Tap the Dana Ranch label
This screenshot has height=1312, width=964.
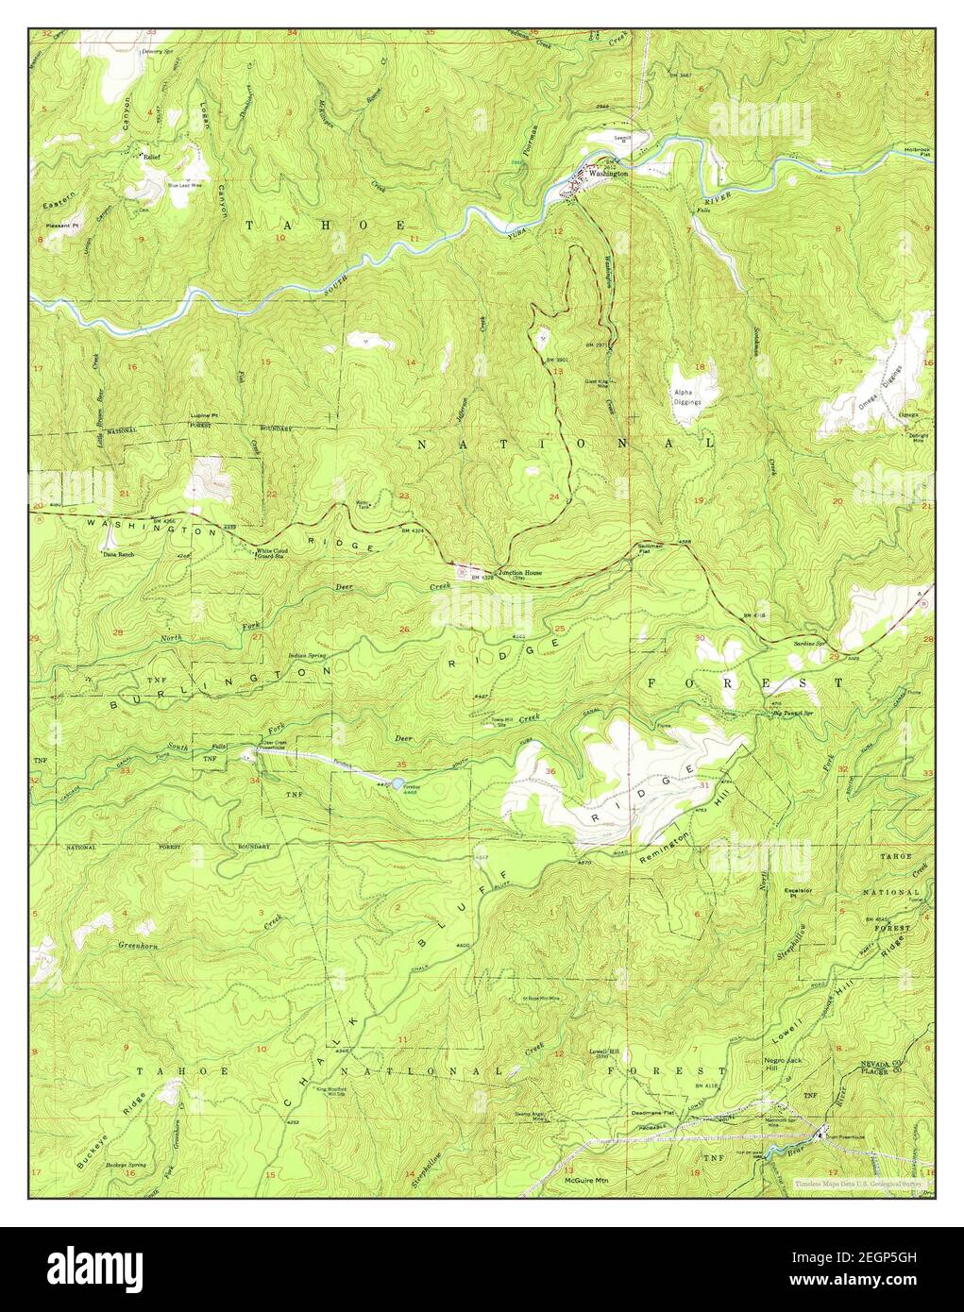[x=119, y=555]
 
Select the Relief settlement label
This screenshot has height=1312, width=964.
[x=151, y=159]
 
